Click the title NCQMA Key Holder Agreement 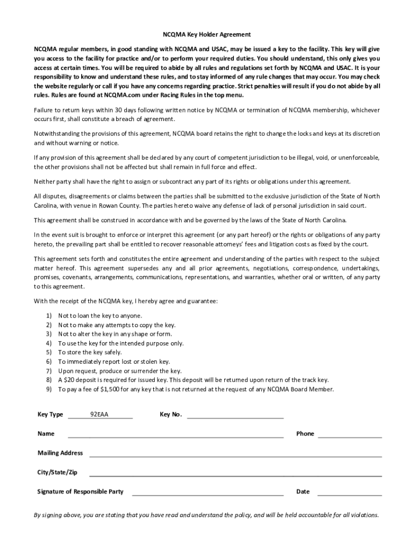[207, 34]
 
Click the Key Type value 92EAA [99, 414]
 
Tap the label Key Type [50, 414]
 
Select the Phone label [305, 434]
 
